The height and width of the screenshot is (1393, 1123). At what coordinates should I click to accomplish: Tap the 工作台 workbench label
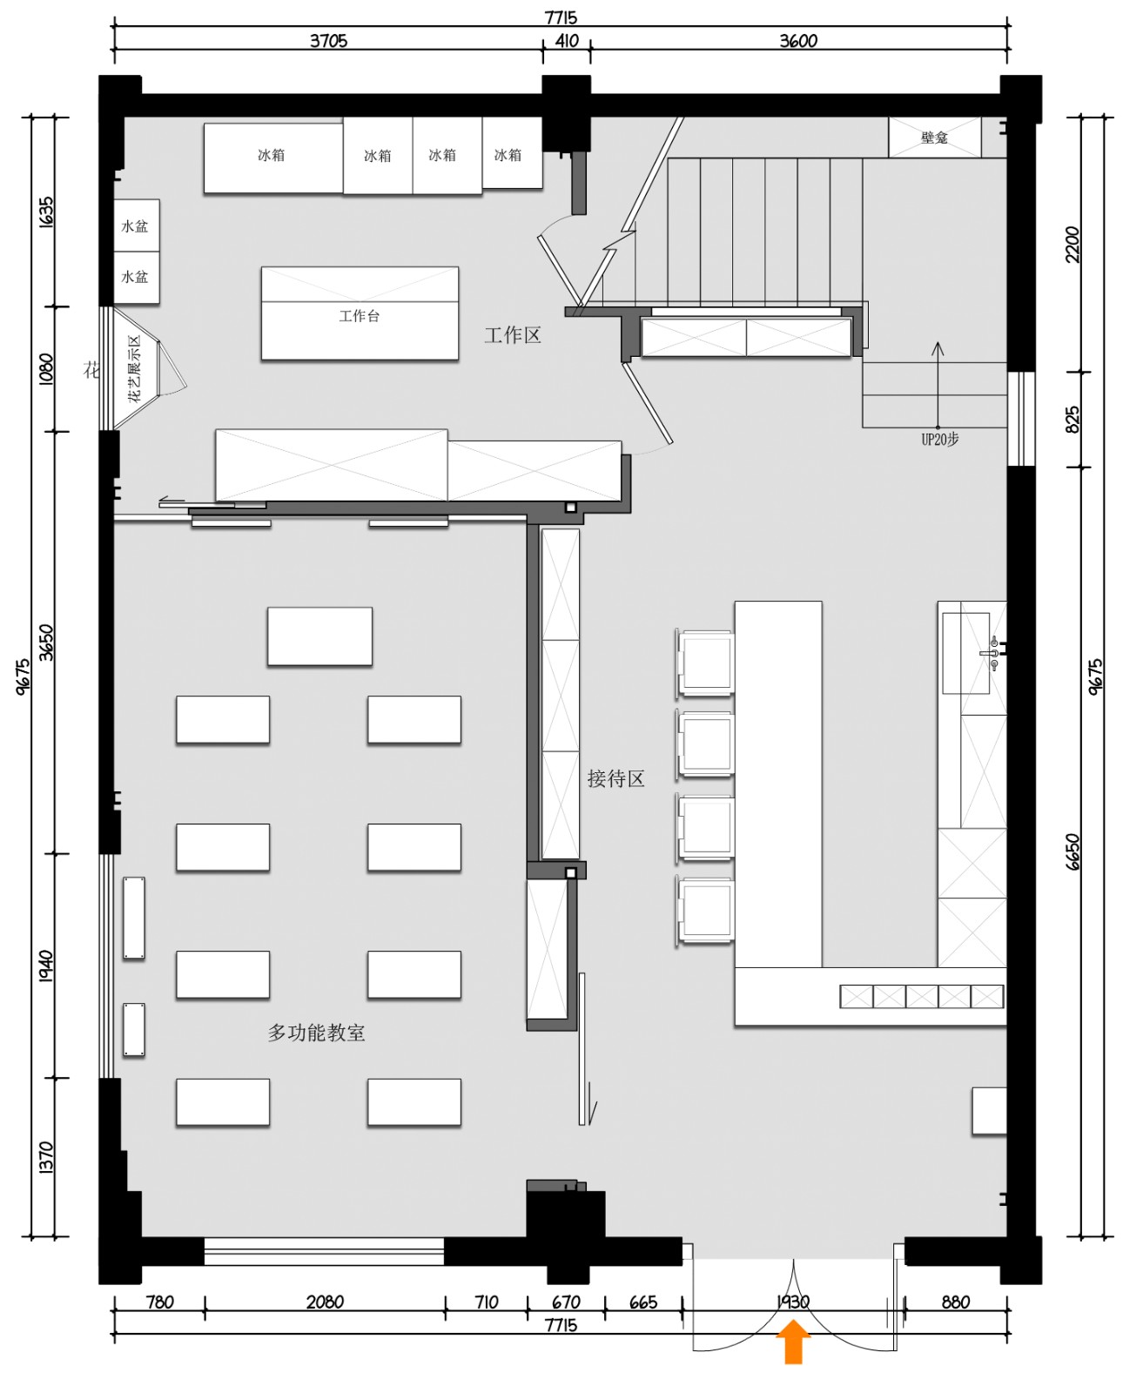[x=360, y=316]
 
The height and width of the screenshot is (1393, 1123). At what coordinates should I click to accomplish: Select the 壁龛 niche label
[x=934, y=138]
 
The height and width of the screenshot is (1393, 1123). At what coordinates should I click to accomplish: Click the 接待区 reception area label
[x=615, y=778]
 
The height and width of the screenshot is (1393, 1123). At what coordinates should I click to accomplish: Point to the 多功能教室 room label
[x=316, y=1033]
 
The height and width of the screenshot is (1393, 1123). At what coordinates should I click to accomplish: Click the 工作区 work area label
[x=513, y=335]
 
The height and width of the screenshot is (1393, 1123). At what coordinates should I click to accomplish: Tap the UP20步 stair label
[x=939, y=440]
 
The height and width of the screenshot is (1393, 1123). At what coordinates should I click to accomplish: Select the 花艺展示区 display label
[x=135, y=367]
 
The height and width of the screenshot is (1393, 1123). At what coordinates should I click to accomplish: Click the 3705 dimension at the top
[x=328, y=41]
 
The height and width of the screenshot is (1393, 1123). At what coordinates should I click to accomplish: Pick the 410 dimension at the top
[x=567, y=41]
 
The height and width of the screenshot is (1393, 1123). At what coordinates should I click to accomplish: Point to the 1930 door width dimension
[x=793, y=1302]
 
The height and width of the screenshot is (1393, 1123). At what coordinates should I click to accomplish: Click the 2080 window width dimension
[x=325, y=1302]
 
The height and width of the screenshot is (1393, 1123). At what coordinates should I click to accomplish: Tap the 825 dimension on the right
[x=1073, y=419]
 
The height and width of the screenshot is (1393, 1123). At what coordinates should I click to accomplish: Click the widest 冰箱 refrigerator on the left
[x=272, y=157]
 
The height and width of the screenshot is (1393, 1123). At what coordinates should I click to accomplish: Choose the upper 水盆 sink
[x=136, y=226]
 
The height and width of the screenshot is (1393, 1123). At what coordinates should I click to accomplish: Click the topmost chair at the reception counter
[x=705, y=663]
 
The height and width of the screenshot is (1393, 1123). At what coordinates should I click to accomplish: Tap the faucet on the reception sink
[x=992, y=653]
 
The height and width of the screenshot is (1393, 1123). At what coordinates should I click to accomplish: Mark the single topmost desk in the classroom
[x=319, y=636]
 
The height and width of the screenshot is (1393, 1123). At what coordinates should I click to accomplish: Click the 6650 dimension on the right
[x=1073, y=851]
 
